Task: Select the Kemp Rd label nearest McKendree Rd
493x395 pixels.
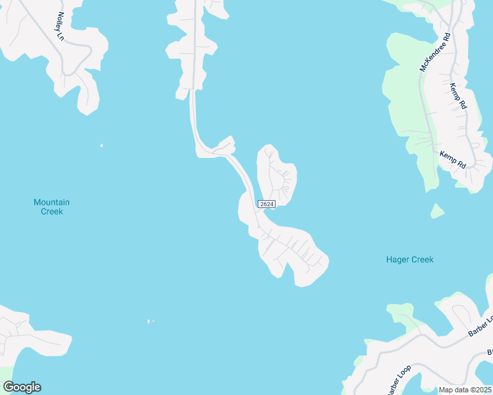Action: coord(458,95)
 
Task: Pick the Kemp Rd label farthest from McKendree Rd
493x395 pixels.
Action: coord(453,159)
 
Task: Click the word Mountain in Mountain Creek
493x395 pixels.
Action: coord(51,202)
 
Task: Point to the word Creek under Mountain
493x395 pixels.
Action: coord(51,211)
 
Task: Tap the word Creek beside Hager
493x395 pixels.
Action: coord(422,259)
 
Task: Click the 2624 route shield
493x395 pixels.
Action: coord(266,204)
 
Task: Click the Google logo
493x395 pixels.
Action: coord(22,387)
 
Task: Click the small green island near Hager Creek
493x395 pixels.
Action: coord(436,211)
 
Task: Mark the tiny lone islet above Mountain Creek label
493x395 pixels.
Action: coord(101,145)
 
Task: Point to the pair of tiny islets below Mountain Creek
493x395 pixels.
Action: coord(151,321)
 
